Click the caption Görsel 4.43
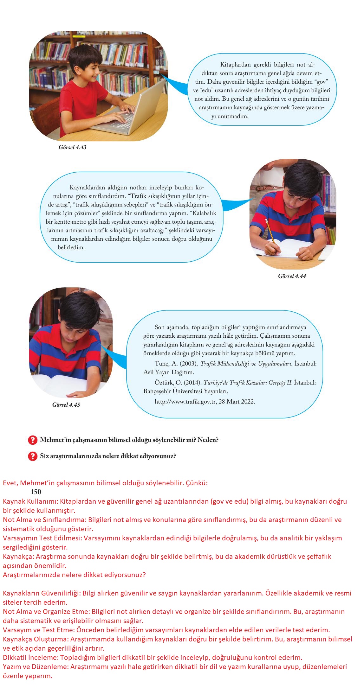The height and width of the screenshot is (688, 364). tap(72, 147)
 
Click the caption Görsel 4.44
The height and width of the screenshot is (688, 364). tap(292, 276)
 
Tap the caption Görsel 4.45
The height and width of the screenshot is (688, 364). tap(66, 405)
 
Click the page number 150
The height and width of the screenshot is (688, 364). tap(36, 492)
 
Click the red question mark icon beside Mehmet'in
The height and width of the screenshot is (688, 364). tap(33, 440)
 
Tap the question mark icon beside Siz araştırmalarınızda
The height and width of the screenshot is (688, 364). tap(33, 456)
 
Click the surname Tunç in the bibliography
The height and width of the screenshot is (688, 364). tap(162, 364)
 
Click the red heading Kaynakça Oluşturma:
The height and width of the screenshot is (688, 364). tap(36, 639)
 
